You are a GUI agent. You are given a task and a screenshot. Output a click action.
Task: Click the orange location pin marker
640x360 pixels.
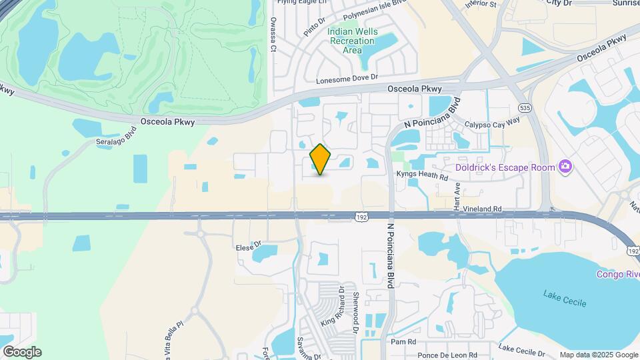[321, 159]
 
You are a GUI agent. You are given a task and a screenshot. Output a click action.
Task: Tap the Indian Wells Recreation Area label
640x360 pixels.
[353, 41]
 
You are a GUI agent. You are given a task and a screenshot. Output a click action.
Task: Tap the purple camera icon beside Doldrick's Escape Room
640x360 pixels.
[565, 166]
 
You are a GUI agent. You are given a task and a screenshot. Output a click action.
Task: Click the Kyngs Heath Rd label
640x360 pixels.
[422, 175]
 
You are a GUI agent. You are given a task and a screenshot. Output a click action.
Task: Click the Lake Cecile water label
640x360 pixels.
[565, 298]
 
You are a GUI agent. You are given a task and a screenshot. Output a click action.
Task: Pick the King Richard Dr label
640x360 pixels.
[331, 305]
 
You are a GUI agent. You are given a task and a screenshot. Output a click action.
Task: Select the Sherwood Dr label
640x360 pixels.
[357, 310]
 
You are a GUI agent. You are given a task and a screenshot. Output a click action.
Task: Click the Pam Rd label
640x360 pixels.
[403, 341]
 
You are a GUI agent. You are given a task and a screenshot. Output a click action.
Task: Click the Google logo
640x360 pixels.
[22, 352]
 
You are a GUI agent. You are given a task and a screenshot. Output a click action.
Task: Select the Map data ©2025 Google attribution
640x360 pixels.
[598, 355]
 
